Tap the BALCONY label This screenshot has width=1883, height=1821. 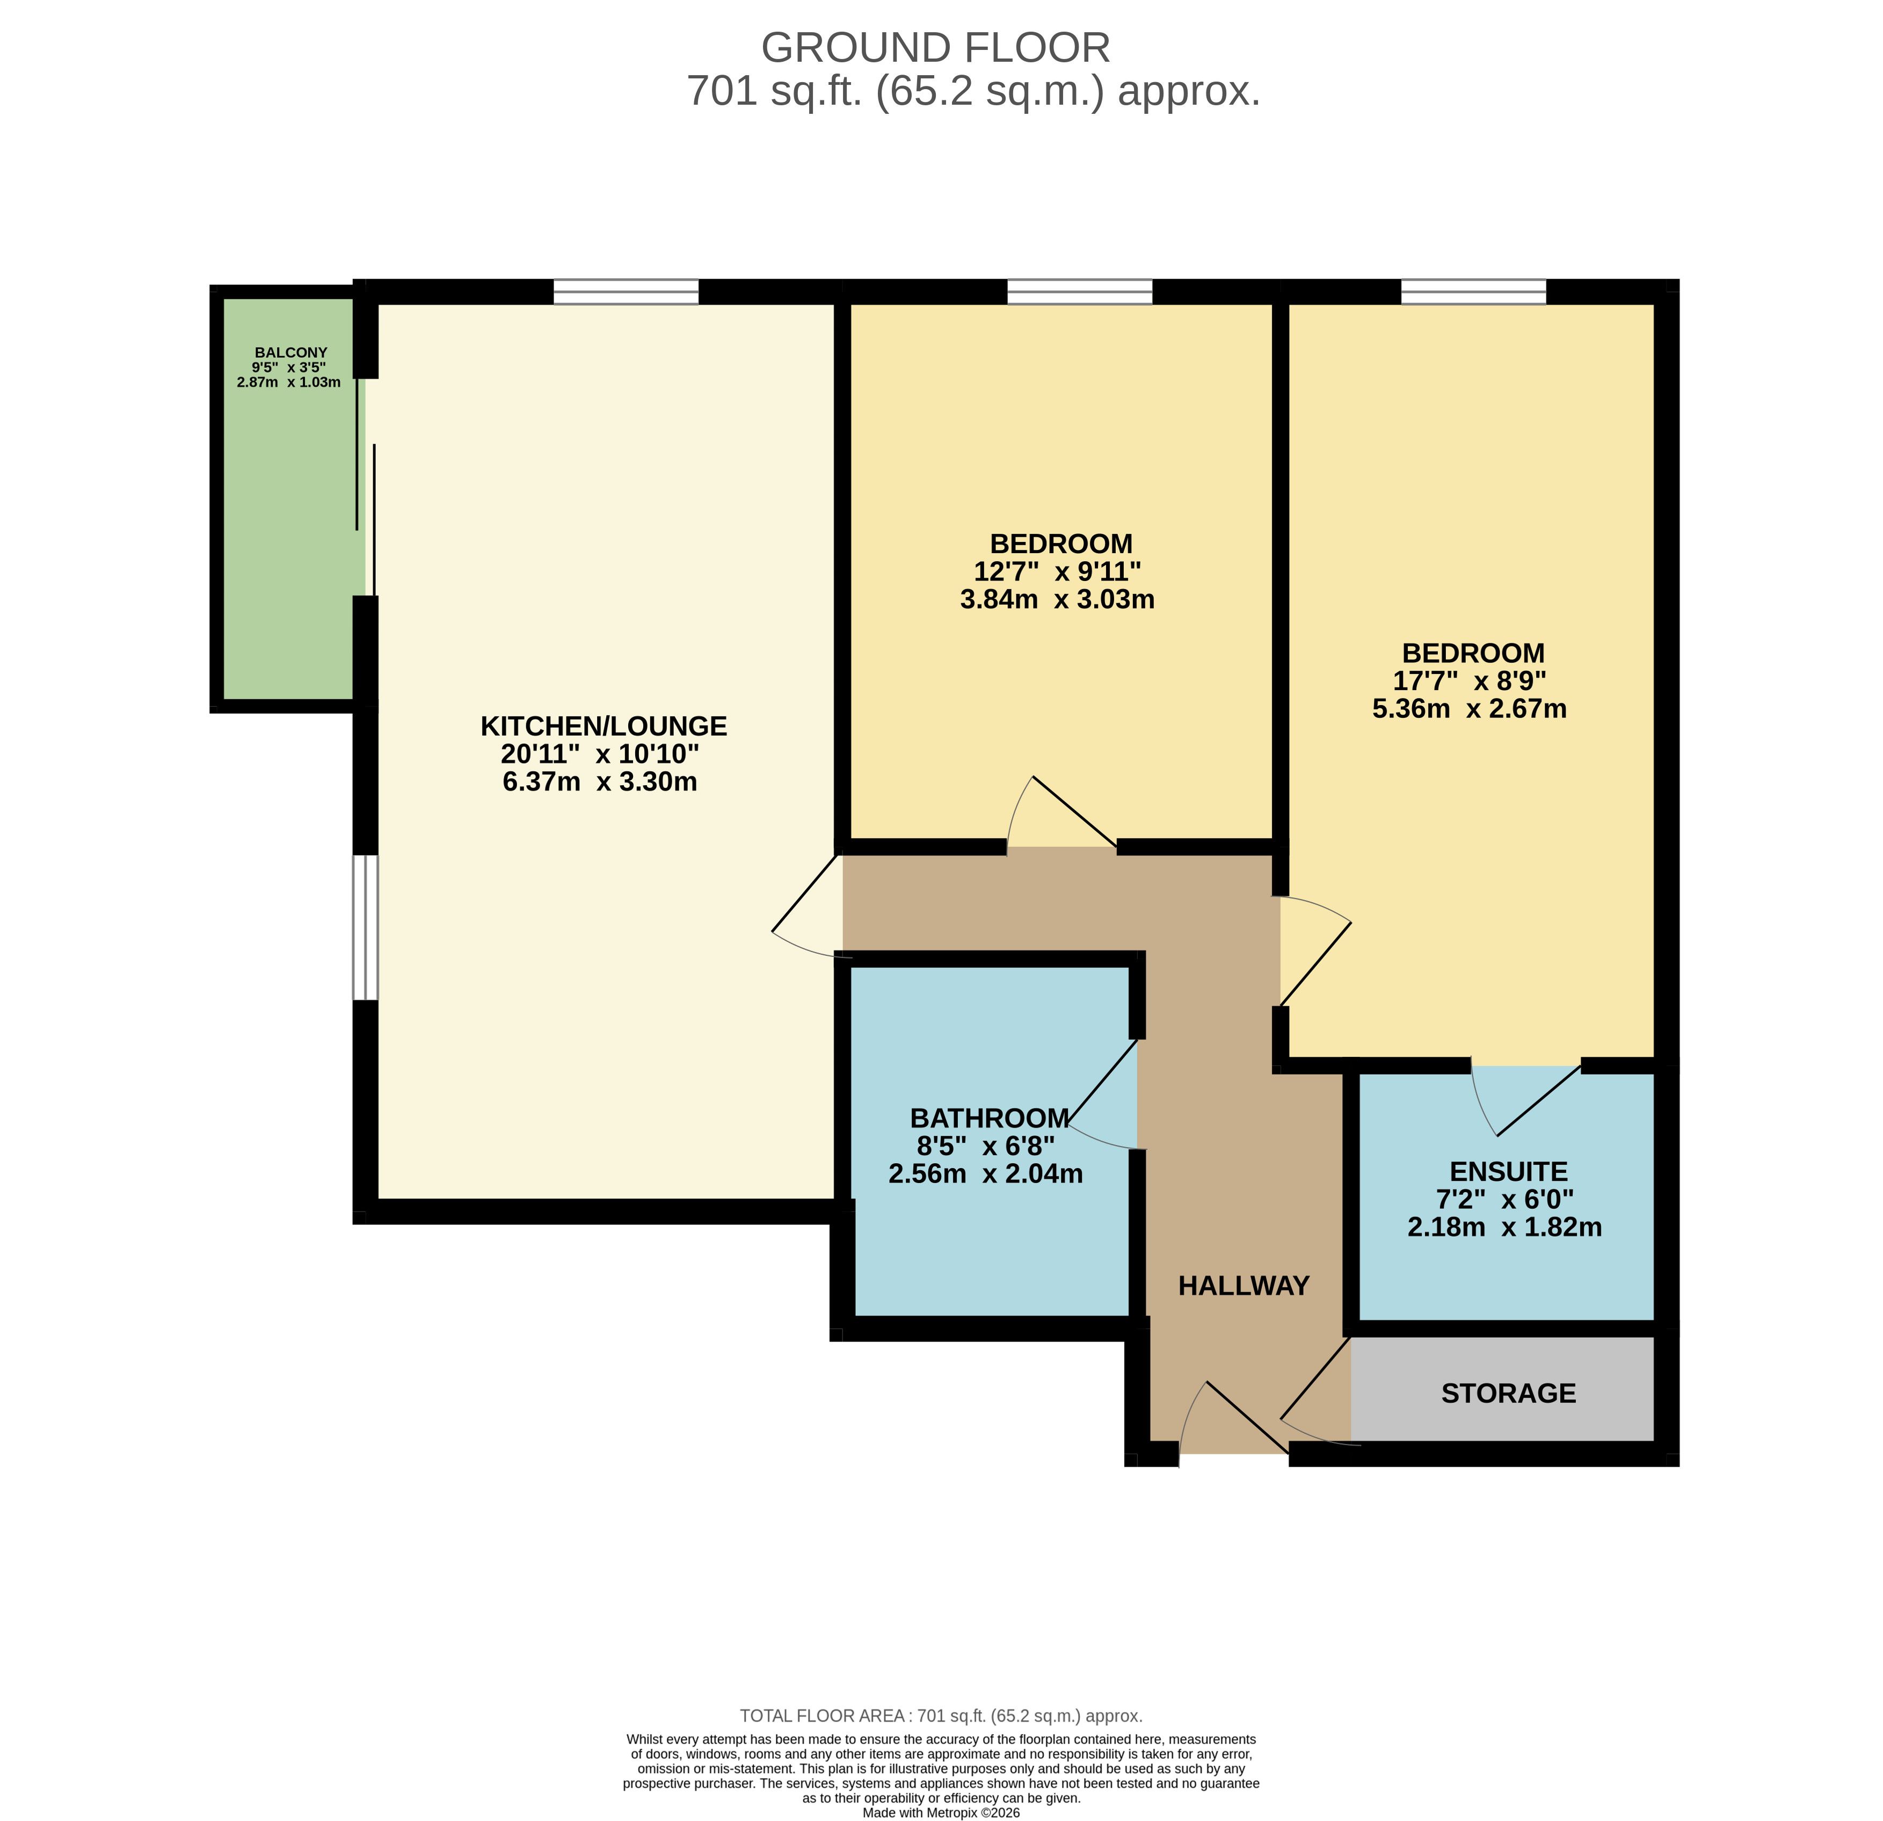290,353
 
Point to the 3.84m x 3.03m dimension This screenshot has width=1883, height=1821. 1057,600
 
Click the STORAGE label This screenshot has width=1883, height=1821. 1508,1394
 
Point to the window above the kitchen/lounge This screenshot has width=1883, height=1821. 627,291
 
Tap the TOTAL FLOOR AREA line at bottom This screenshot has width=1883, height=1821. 941,1715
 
